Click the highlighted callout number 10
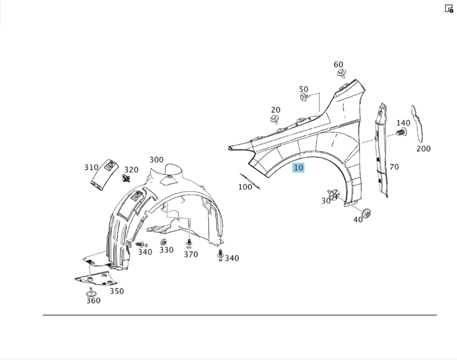point(298,168)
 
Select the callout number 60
point(338,64)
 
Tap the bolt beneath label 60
point(341,74)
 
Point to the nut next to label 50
point(304,97)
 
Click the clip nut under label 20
point(274,119)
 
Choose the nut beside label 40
point(367,213)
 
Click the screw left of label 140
point(401,132)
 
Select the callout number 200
point(424,149)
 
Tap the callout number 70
point(394,167)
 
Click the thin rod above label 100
point(250,181)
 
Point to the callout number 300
point(156,159)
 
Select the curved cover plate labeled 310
point(104,175)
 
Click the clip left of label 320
point(126,179)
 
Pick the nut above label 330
point(164,242)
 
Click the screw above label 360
point(91,292)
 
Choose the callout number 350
point(117,291)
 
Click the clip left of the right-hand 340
point(220,255)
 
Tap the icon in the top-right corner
point(449,8)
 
